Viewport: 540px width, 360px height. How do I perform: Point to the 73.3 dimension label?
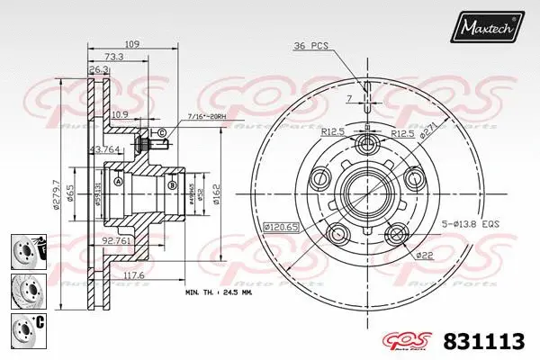click(x=113, y=56)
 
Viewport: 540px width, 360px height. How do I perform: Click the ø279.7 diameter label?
click(x=56, y=190)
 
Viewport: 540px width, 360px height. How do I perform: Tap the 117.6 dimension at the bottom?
click(x=133, y=276)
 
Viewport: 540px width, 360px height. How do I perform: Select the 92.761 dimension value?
click(x=115, y=240)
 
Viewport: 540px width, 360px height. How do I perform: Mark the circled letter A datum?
click(x=118, y=181)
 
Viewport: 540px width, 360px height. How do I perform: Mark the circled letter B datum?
click(x=171, y=186)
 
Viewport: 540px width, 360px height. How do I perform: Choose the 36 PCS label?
click(x=310, y=44)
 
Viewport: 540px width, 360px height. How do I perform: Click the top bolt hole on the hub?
click(x=367, y=145)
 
